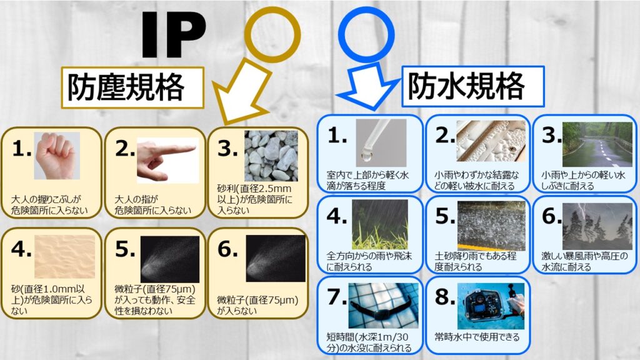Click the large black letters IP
(x=174, y=35)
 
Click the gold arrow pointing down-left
(x=241, y=92)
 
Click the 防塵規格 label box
(x=132, y=87)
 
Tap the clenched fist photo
(x=57, y=156)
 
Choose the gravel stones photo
(x=271, y=156)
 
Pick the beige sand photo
(x=64, y=257)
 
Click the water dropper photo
(x=381, y=143)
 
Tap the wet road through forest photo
(x=597, y=144)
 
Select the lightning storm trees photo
(x=597, y=226)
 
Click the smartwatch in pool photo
(x=383, y=306)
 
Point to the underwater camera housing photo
(x=491, y=306)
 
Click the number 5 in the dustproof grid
(x=124, y=249)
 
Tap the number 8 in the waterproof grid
(x=444, y=297)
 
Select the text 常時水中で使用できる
(x=477, y=337)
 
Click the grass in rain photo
(x=380, y=224)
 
